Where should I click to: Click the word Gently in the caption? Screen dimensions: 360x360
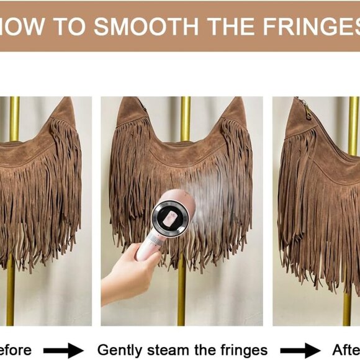coord(122,349)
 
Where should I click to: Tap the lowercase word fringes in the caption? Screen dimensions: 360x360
coord(243,349)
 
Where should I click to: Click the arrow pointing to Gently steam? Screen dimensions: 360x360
coord(63,350)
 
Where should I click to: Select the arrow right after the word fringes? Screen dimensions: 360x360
coord(300,350)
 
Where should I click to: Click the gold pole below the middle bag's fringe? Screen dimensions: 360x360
coord(181,298)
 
